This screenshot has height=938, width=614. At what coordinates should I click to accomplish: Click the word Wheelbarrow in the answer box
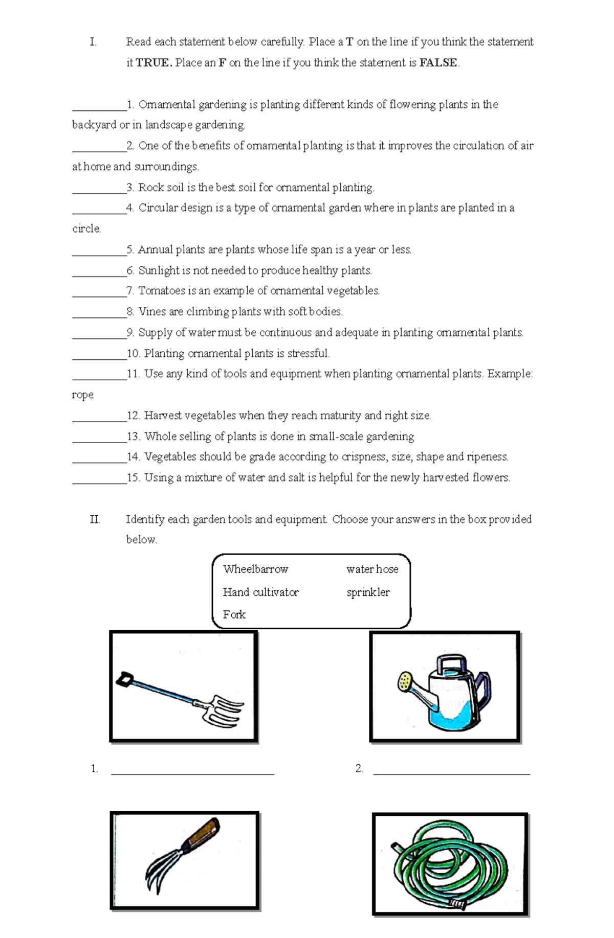click(255, 569)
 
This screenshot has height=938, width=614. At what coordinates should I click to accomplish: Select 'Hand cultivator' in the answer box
click(260, 592)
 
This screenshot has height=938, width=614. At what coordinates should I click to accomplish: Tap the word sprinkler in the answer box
click(368, 592)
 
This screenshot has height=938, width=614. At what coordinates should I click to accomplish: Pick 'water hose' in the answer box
click(372, 569)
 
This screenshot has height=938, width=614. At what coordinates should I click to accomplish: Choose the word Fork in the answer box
click(234, 614)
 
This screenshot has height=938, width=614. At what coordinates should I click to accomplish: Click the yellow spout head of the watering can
click(405, 680)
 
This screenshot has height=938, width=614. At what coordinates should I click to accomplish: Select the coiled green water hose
click(450, 864)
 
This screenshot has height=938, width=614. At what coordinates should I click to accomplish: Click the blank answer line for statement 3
click(99, 192)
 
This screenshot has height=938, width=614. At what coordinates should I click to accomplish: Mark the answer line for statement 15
click(99, 482)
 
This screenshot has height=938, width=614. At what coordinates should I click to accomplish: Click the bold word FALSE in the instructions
click(438, 63)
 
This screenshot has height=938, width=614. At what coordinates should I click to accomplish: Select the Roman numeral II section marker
click(95, 519)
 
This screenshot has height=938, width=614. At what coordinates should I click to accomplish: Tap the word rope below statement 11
click(82, 395)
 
